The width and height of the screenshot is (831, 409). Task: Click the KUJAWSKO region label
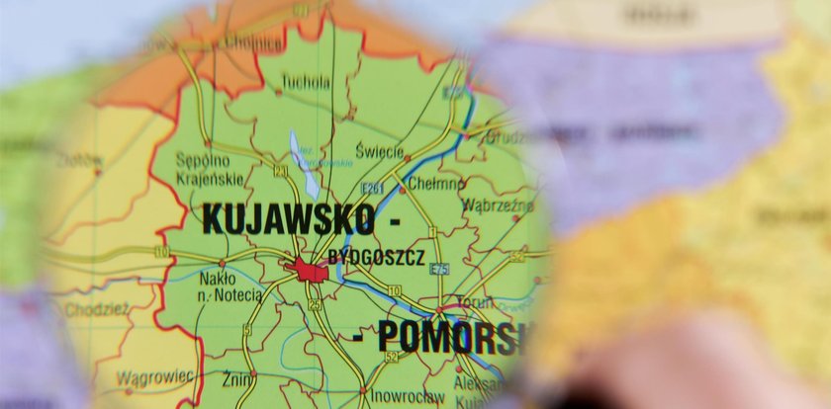click(x=287, y=219)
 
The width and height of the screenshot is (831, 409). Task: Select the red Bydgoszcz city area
click(x=310, y=269)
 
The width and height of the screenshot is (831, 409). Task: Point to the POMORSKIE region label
click(x=445, y=337)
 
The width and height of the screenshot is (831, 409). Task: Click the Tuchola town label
click(x=306, y=83)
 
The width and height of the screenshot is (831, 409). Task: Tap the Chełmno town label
click(x=435, y=184)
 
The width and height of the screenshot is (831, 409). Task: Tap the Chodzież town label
click(x=97, y=309)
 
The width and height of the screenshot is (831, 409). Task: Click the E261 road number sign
click(x=374, y=188)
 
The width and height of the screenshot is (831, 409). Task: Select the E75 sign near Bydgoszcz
click(x=439, y=270)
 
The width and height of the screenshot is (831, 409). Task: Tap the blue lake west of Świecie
click(x=304, y=164)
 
